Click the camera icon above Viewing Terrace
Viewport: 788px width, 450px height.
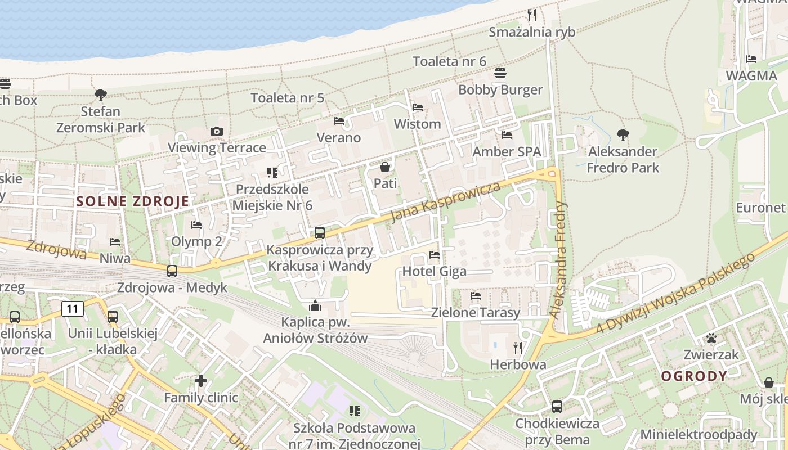(x=217, y=132)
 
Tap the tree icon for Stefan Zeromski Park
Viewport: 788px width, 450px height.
(x=101, y=94)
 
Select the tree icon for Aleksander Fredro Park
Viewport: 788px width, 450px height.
(x=623, y=135)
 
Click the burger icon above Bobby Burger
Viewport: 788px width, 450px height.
(x=500, y=73)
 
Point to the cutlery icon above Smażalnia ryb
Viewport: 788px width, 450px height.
(x=532, y=15)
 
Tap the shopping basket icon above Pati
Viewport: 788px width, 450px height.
(x=385, y=167)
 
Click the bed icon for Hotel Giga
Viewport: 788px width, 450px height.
(x=435, y=255)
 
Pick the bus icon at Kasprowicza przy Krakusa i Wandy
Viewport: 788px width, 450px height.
(x=320, y=232)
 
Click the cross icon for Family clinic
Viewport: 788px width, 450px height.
(x=201, y=381)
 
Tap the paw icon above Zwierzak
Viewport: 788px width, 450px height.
(x=711, y=338)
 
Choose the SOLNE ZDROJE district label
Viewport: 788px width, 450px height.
(x=133, y=201)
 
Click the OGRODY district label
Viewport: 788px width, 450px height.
(x=694, y=376)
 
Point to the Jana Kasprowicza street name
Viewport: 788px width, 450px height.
(x=445, y=201)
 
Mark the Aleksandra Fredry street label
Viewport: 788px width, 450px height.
(x=558, y=260)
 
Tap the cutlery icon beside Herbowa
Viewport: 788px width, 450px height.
(x=518, y=348)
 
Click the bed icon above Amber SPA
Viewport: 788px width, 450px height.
(x=507, y=135)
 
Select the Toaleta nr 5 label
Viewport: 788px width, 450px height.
(x=287, y=97)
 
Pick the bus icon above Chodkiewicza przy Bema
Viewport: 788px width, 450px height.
(x=557, y=406)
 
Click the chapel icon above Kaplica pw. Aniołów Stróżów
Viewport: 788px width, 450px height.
(x=315, y=306)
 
